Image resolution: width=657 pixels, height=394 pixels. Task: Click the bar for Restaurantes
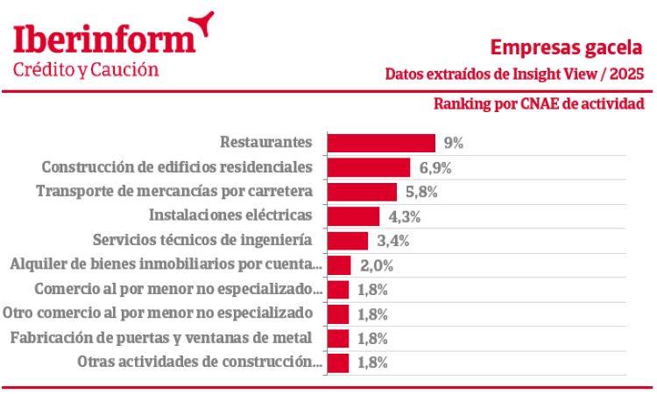pos(381,143)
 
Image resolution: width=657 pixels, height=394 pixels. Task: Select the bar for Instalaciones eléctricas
pos(353,215)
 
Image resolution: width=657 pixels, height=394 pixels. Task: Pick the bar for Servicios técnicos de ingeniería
pos(348,240)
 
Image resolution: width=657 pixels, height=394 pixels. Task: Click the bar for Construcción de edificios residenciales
pos(369,166)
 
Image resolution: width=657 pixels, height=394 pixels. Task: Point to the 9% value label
pos(453,143)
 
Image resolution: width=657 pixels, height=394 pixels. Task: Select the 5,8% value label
pos(421,191)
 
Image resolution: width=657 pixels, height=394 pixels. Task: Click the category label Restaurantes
pos(266,142)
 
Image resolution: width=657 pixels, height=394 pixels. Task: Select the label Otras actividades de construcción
pos(199,362)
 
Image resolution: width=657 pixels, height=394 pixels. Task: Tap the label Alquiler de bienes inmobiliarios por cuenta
pos(166,264)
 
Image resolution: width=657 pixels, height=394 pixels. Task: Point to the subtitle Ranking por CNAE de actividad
pos(539,104)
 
